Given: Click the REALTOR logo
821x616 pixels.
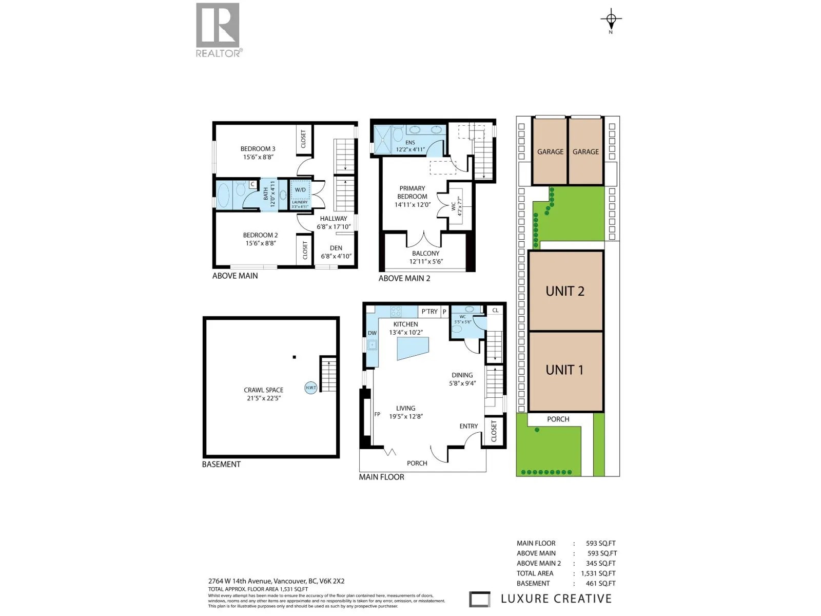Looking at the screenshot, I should point(218,30).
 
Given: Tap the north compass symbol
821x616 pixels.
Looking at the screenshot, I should point(611,20).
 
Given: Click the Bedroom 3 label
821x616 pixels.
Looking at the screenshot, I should point(258,149).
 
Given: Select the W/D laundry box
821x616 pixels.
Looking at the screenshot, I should point(300,190).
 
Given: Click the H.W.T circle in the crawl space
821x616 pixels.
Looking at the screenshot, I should point(311,388).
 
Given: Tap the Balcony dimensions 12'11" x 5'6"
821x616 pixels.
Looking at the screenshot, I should point(426,261).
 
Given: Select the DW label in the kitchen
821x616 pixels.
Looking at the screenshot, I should point(372,333).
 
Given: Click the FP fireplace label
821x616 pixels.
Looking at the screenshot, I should point(377,414).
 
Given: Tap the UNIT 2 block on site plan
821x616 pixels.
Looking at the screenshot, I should point(565,291).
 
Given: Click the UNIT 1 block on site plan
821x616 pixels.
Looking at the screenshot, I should point(565,370).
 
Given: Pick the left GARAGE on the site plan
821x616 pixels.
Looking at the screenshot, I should point(550,152).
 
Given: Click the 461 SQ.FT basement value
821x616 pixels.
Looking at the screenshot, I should point(600,583).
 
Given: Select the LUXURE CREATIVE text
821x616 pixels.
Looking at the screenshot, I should point(556,599).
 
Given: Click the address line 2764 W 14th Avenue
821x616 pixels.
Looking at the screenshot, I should point(276,581).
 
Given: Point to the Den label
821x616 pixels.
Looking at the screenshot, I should point(336,248).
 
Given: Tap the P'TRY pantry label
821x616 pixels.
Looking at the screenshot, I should point(429,312).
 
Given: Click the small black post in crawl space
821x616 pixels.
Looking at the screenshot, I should point(294,357).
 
